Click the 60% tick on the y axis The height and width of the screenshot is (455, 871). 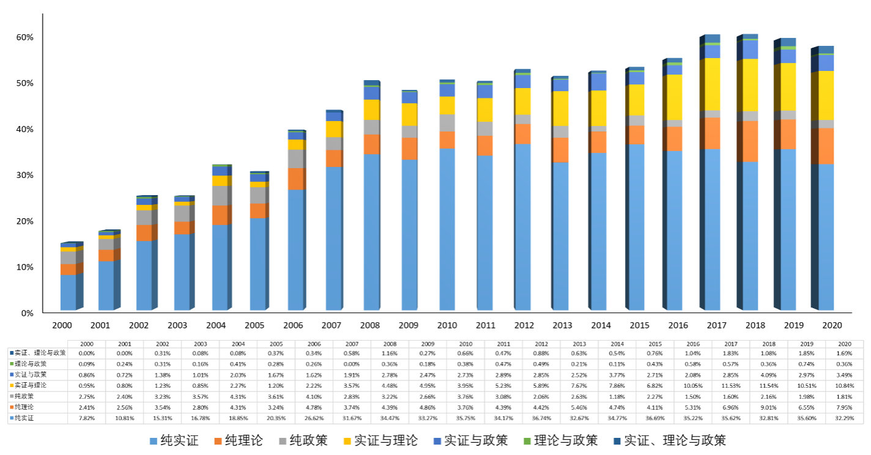pos(25,37)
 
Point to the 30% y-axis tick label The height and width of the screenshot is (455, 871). pos(25,176)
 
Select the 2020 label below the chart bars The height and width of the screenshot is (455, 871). pos(831,326)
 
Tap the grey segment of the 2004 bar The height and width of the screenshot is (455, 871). pos(220,196)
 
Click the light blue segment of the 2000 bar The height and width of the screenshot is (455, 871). pos(69,292)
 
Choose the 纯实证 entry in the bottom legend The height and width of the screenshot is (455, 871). pos(174,440)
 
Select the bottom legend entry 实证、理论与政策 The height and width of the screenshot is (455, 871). pos(679,440)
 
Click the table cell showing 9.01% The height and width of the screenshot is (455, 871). pos(768,407)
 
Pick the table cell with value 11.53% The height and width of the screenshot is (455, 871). pos(730,385)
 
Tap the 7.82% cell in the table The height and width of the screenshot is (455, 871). pos(86,418)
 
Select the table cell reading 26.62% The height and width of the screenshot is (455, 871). pos(314,418)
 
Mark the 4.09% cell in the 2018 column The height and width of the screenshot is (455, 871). pos(768,374)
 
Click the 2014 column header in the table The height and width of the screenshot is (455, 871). pos(617,344)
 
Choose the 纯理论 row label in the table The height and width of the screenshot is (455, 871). pos(24,407)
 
